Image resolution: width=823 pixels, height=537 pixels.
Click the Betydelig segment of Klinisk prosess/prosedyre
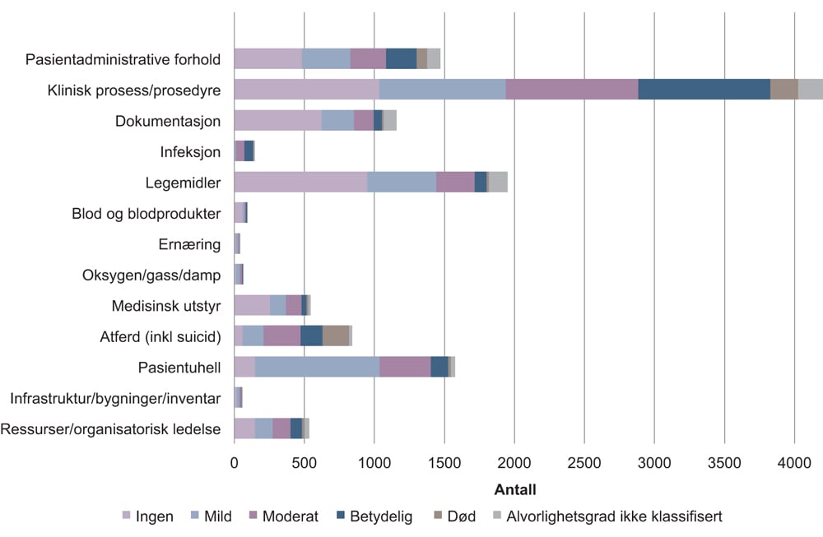click(x=704, y=90)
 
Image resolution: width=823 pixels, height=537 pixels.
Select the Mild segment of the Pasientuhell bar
click(x=317, y=367)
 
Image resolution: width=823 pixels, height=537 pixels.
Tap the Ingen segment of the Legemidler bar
click(x=300, y=182)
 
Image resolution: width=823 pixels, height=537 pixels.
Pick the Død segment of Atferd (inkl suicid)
click(x=335, y=336)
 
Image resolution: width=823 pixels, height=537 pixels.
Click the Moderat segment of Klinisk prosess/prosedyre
click(x=571, y=90)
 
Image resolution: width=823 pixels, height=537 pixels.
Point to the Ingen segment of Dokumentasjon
click(x=277, y=120)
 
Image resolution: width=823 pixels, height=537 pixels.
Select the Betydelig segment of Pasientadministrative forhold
click(x=401, y=59)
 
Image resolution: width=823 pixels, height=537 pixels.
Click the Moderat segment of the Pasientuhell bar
click(x=405, y=367)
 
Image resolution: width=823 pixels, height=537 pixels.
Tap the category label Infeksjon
click(x=190, y=151)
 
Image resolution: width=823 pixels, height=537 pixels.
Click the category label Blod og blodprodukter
click(x=146, y=214)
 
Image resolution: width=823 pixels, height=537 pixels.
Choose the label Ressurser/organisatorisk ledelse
click(x=111, y=428)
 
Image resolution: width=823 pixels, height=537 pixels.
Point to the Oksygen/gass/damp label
click(x=151, y=275)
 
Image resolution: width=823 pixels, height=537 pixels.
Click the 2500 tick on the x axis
click(x=584, y=465)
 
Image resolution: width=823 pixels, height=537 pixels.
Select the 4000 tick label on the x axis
click(x=794, y=465)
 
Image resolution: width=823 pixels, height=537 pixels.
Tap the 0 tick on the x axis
click(x=235, y=465)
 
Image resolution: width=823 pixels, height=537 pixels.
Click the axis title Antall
click(x=514, y=490)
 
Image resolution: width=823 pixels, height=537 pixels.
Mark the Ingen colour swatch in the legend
click(x=127, y=516)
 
